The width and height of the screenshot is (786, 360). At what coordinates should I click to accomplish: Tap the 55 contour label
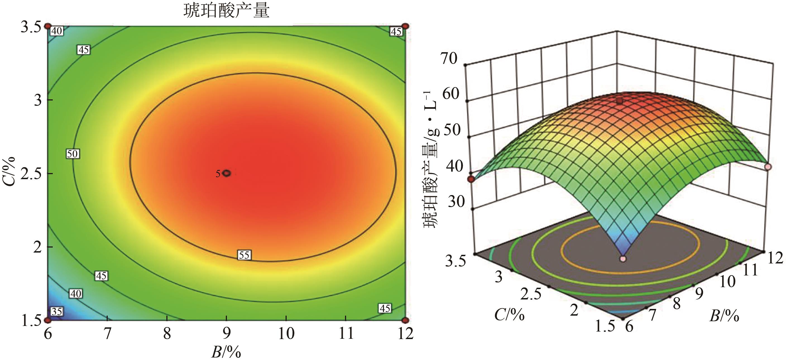(244, 255)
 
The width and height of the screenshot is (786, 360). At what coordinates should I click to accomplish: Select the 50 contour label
(73, 154)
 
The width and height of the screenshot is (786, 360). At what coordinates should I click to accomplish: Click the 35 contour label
(56, 311)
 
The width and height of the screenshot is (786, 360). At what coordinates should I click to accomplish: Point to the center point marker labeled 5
(226, 173)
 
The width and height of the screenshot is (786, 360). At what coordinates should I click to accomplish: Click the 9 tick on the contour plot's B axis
(226, 333)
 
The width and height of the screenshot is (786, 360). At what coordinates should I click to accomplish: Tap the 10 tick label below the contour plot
(286, 333)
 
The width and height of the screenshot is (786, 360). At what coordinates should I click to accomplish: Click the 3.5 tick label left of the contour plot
(31, 27)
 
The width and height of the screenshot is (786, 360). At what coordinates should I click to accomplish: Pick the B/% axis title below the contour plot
(226, 352)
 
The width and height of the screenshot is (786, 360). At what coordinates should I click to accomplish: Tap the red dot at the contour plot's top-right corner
(405, 26)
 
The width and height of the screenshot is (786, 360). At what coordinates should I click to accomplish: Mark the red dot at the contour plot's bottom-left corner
(48, 320)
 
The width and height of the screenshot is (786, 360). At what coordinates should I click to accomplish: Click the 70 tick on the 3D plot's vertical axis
(449, 59)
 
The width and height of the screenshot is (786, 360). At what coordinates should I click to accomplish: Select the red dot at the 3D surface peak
(619, 101)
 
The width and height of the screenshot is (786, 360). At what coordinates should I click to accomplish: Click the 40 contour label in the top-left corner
(56, 31)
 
